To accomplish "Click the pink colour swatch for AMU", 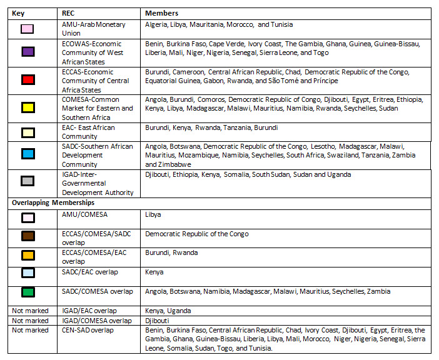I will click(x=27, y=29).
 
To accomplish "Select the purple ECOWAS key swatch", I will click(x=27, y=52).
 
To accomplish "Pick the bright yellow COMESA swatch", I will click(x=27, y=109).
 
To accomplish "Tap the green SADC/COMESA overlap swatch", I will click(x=27, y=292).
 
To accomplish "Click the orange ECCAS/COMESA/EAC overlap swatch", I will click(x=27, y=256).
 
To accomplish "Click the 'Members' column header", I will click(x=161, y=13).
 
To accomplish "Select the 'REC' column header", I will click(x=69, y=13).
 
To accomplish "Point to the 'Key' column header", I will click(x=18, y=13).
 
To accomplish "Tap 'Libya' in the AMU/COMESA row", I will click(x=153, y=214).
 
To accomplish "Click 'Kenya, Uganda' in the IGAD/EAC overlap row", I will click(x=168, y=311).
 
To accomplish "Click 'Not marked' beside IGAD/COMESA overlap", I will click(x=31, y=321).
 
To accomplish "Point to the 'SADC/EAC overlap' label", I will click(x=90, y=272).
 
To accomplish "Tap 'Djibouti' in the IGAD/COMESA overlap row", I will click(x=158, y=321).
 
